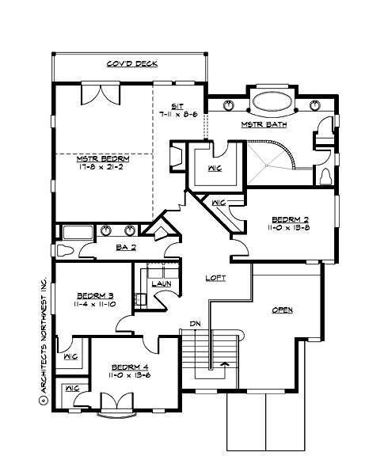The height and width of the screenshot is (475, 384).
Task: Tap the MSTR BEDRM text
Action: [103, 158]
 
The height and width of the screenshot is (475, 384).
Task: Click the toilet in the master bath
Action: [325, 176]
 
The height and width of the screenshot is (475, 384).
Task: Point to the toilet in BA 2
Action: [66, 251]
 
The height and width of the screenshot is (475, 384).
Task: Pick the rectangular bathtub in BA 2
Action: [77, 232]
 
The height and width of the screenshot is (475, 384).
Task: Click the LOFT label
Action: [216, 278]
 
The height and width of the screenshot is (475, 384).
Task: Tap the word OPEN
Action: [283, 310]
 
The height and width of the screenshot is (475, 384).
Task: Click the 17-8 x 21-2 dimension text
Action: [103, 167]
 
